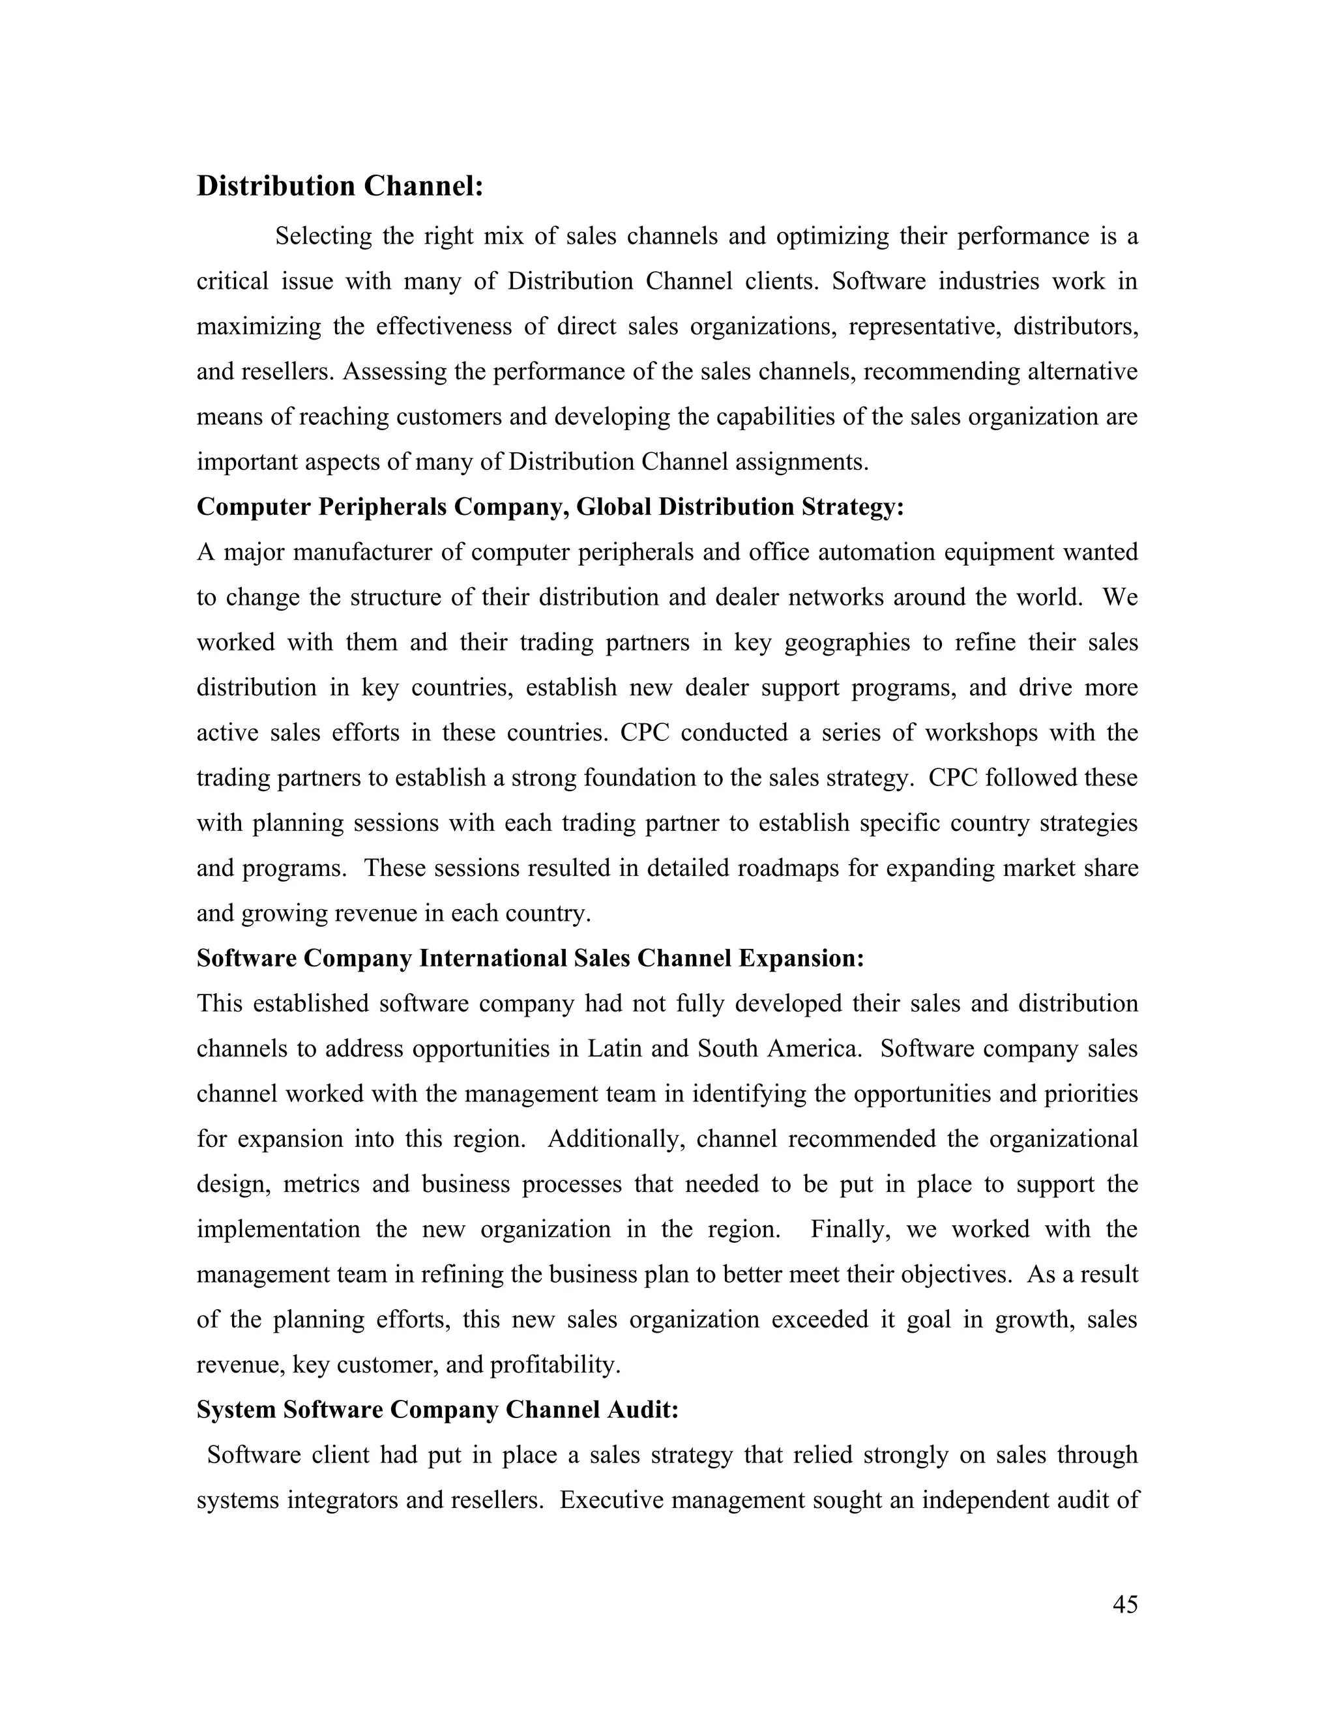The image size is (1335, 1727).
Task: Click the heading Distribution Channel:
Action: click(339, 186)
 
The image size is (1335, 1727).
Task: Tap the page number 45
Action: click(1124, 1604)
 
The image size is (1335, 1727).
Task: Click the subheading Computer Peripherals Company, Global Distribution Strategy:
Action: click(550, 507)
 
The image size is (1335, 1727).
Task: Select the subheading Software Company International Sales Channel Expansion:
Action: click(530, 959)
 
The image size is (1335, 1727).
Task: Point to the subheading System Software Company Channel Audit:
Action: click(437, 1410)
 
